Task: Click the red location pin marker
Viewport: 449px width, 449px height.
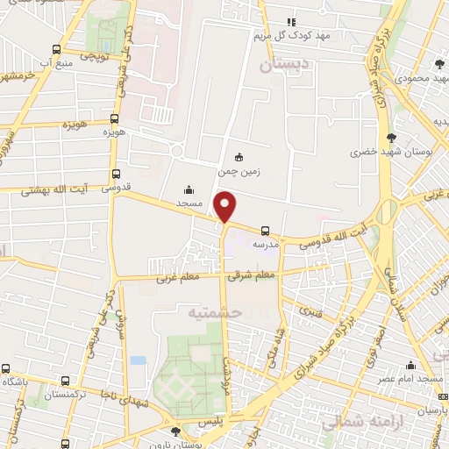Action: tap(225, 206)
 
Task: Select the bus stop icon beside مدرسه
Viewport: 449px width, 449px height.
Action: tap(265, 231)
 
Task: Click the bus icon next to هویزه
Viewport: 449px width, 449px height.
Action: tap(114, 119)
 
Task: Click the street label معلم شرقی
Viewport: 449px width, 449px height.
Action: tap(252, 274)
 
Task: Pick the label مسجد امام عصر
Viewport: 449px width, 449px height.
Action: tap(410, 379)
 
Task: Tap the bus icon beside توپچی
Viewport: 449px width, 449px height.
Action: tap(57, 50)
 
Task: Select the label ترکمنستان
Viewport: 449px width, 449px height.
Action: tap(66, 396)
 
